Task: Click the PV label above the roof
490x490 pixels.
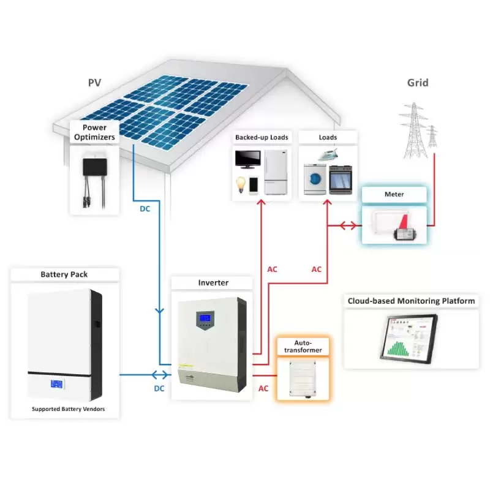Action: [x=94, y=83]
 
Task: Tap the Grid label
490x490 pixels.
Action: [x=418, y=83]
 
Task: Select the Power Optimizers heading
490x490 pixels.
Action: [x=94, y=132]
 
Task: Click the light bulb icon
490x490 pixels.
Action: [x=241, y=183]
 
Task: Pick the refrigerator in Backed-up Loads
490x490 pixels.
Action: [x=276, y=173]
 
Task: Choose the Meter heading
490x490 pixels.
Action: [x=394, y=195]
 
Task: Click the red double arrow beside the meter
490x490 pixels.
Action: [x=347, y=225]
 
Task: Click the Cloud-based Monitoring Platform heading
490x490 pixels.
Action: [x=411, y=301]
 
